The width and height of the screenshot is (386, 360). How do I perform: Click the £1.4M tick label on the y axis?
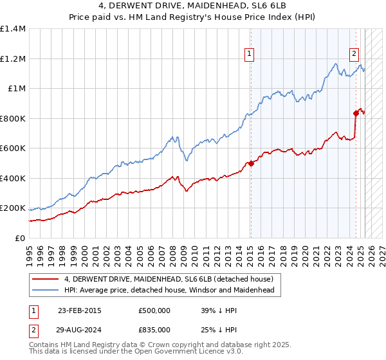point(13,29)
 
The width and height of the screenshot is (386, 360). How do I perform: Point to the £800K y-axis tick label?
point(13,118)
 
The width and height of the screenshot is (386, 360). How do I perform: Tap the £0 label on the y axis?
point(19,238)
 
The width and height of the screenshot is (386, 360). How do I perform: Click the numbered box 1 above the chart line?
point(249,55)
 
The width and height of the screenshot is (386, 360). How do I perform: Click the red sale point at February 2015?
point(251,163)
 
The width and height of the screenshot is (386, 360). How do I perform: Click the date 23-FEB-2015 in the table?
point(80,310)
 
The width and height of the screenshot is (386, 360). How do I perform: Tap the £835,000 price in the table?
point(154,330)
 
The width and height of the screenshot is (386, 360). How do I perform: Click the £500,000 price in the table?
point(154,310)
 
